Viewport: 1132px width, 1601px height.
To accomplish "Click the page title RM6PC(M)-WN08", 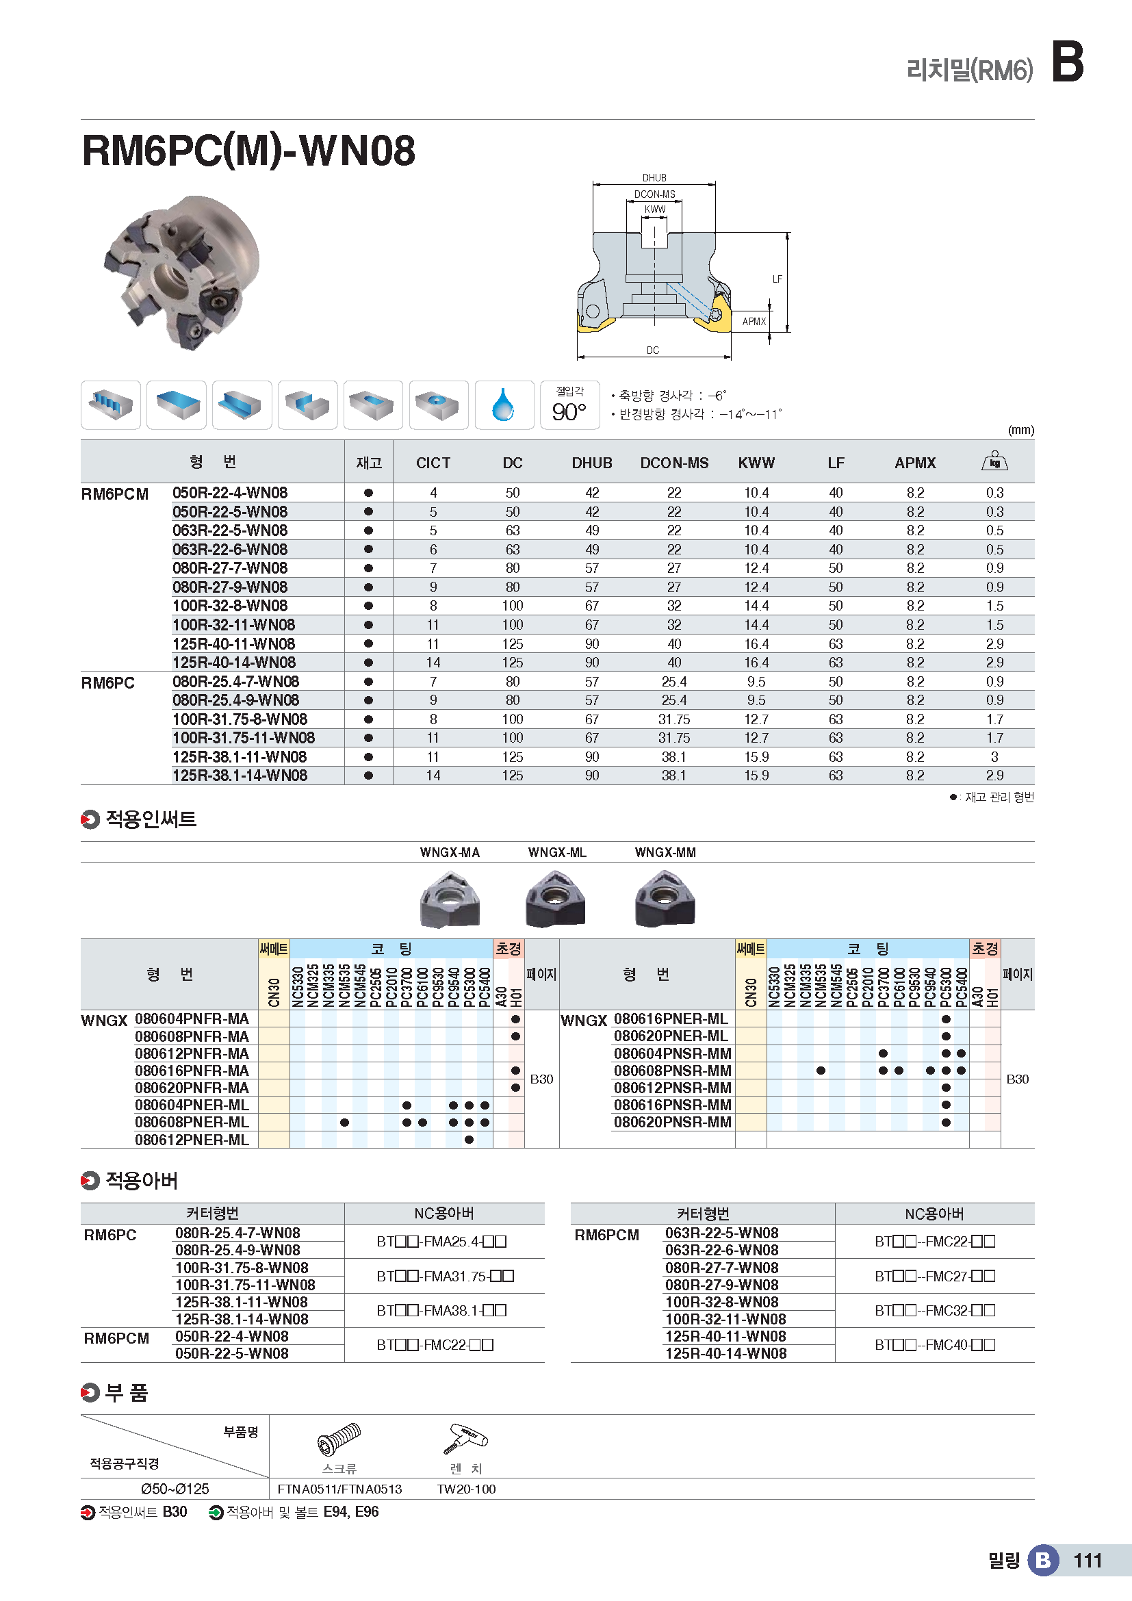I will pyautogui.click(x=248, y=151).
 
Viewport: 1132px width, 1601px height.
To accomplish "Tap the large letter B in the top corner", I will pyautogui.click(x=1066, y=62).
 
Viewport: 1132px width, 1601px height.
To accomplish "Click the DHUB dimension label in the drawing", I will pyautogui.click(x=654, y=178).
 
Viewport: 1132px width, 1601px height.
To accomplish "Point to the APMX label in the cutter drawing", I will pyautogui.click(x=754, y=322).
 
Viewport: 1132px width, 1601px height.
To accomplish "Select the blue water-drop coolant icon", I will pyautogui.click(x=503, y=405).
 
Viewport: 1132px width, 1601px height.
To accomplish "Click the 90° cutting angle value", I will pyautogui.click(x=569, y=412).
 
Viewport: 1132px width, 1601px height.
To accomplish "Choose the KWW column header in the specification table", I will pyautogui.click(x=756, y=463).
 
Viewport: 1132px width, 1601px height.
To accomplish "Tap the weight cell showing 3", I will pyautogui.click(x=994, y=756).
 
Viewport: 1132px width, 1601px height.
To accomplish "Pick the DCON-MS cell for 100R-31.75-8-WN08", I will pyautogui.click(x=673, y=719).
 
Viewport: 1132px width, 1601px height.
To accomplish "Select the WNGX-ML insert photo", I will pyautogui.click(x=556, y=899).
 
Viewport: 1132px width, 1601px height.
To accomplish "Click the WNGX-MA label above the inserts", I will pyautogui.click(x=450, y=852).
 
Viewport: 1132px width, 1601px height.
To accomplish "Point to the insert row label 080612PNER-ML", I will pyautogui.click(x=192, y=1140).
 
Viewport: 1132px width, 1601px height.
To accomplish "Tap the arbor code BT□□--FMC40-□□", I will pyautogui.click(x=934, y=1344).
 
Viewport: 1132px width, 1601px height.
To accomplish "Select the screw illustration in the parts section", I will pyautogui.click(x=339, y=1439).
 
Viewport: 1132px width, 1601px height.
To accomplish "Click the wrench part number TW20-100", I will pyautogui.click(x=465, y=1489).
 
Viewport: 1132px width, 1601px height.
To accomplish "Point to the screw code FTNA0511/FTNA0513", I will pyautogui.click(x=339, y=1489).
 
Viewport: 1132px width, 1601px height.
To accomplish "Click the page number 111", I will pyautogui.click(x=1088, y=1560).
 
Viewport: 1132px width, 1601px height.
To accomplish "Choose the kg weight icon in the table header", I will pyautogui.click(x=994, y=461).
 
